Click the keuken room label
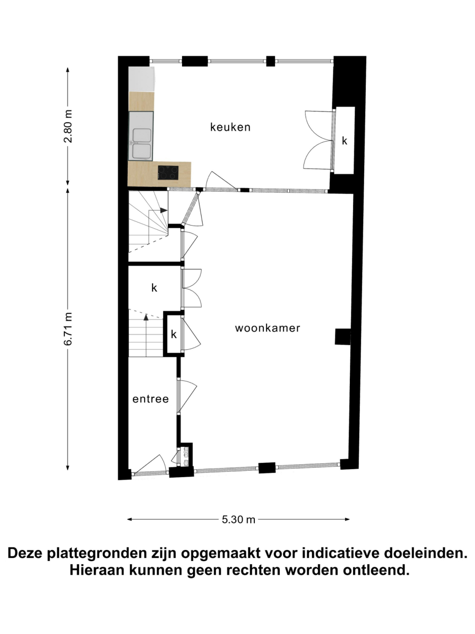230,127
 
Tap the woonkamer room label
268,328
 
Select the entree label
150,399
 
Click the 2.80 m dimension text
69,126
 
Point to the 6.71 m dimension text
69,329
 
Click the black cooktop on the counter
168,173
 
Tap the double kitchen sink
141,136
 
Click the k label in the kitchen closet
344,141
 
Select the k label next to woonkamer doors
154,288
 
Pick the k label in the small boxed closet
174,334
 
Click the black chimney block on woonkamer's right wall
343,337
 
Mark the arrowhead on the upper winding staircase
164,210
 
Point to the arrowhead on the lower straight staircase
146,317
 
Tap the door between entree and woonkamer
187,396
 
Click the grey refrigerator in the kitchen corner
141,79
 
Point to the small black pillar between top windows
270,61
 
